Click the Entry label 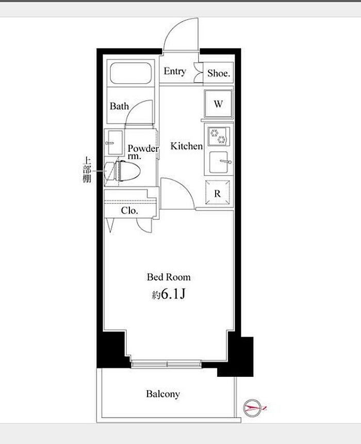[175, 71]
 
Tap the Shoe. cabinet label [219, 73]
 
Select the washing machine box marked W [219, 104]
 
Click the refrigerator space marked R [217, 192]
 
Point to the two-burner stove [219, 136]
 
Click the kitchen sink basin [219, 162]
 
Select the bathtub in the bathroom [130, 73]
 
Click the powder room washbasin [114, 142]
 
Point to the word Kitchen [187, 146]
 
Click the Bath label [119, 106]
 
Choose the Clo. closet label [129, 211]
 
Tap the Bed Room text [169, 277]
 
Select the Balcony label [163, 394]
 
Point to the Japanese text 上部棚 [87, 170]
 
